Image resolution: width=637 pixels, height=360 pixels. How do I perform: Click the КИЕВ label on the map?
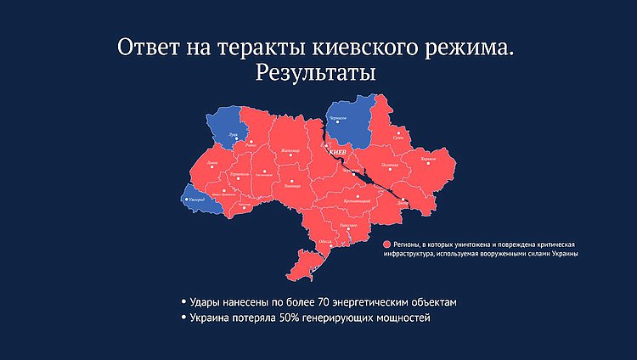pyautogui.click(x=336, y=153)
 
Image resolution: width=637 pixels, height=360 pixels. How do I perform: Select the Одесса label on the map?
pyautogui.click(x=324, y=242)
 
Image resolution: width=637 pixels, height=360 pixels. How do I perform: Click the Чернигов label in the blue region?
pyautogui.click(x=339, y=117)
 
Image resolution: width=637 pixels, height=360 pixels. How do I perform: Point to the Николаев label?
pyautogui.click(x=348, y=224)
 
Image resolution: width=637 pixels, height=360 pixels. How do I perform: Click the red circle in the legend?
pyautogui.click(x=386, y=244)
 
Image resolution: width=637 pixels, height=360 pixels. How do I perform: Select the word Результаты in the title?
pyautogui.click(x=315, y=74)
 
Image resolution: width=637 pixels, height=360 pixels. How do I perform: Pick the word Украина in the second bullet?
pyautogui.click(x=211, y=318)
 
